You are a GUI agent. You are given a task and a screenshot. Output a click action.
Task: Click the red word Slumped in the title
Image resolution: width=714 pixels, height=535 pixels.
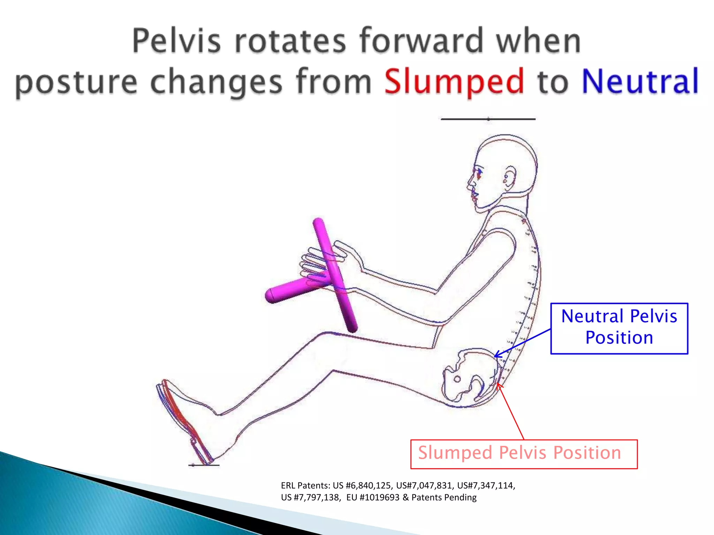pyautogui.click(x=454, y=81)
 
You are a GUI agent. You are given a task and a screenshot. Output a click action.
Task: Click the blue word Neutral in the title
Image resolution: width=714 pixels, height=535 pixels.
pyautogui.click(x=640, y=81)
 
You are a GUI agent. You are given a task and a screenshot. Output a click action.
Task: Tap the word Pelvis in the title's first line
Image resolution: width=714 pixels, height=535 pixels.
pyautogui.click(x=176, y=41)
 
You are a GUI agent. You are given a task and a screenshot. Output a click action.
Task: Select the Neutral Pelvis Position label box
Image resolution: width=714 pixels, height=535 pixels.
pyautogui.click(x=619, y=328)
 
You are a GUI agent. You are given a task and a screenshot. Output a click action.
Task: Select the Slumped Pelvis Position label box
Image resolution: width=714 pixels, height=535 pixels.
pyautogui.click(x=524, y=454)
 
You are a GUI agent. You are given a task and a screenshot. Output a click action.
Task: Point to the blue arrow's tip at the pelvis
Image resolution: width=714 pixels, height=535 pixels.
pyautogui.click(x=495, y=356)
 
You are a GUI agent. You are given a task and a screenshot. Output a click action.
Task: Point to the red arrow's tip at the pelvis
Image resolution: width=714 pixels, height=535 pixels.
pyautogui.click(x=498, y=384)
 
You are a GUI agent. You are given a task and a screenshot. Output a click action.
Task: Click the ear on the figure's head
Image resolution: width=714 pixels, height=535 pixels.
pyautogui.click(x=509, y=177)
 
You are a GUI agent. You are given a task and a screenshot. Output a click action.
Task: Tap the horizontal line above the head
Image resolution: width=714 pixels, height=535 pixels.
pyautogui.click(x=488, y=119)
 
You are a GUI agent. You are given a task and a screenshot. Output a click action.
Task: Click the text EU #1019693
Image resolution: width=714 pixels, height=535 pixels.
pyautogui.click(x=373, y=497)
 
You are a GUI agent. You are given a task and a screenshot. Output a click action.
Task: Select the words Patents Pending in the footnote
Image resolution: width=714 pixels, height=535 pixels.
pyautogui.click(x=444, y=497)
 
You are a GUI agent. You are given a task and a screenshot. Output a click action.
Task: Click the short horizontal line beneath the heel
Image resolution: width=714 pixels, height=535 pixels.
pyautogui.click(x=204, y=465)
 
